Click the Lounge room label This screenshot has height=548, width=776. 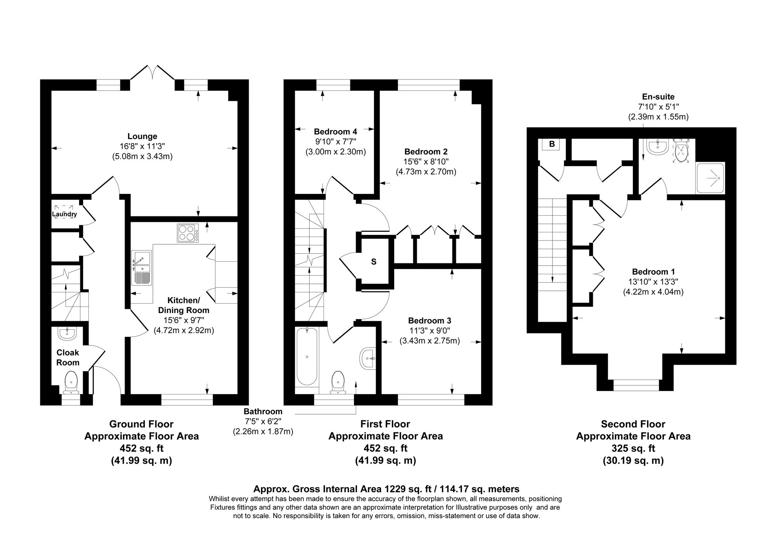click(142, 136)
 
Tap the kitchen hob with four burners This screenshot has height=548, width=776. click(188, 233)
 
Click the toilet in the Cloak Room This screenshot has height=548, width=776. click(71, 381)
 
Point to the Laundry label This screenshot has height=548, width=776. click(64, 214)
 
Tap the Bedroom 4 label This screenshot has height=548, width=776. click(335, 131)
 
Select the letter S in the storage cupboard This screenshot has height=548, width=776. click(374, 262)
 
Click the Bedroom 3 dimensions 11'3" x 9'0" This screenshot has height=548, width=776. click(430, 331)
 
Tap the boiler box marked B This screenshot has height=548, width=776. click(552, 144)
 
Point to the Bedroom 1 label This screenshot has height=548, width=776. click(653, 271)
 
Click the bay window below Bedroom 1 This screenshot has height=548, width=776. click(636, 385)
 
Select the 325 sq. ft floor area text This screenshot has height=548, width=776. click(633, 448)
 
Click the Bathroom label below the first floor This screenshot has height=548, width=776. click(263, 411)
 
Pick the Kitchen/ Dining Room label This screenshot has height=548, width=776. click(184, 305)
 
